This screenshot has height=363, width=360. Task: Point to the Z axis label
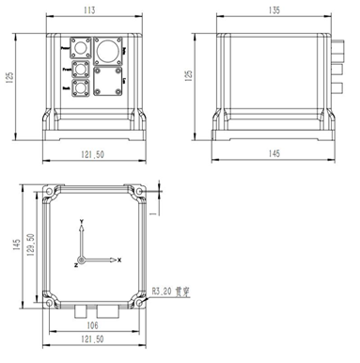[75, 266]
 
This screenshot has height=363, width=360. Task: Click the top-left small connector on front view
[80, 46]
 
